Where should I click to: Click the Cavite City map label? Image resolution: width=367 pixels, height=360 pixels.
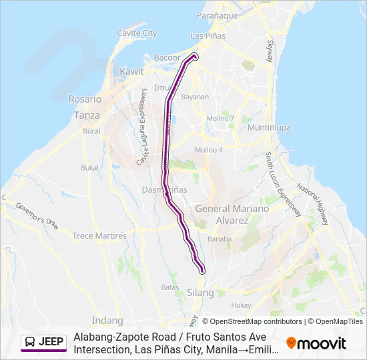pos(137,33)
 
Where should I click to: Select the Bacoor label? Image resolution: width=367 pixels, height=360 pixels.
pos(167,58)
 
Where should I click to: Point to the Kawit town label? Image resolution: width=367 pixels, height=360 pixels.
pos(131,71)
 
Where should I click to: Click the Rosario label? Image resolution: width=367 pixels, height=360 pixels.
pos(85,99)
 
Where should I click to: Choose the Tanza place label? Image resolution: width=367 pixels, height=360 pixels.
pos(87,115)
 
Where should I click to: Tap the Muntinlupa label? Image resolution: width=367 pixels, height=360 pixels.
pos(267,127)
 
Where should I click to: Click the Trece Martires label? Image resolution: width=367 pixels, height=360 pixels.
pos(99,236)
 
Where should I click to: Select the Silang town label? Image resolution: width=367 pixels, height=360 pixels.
pos(200,293)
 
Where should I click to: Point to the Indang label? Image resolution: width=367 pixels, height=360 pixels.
pos(109,320)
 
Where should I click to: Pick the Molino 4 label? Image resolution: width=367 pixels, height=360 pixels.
pos(208,150)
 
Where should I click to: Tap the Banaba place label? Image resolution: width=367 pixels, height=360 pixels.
pos(220,239)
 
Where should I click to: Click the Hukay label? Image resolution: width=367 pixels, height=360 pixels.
pos(241,305)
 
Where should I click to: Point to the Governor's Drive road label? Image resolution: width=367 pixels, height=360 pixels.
pos(37,215)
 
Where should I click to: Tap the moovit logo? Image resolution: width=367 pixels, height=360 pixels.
pos(316,343)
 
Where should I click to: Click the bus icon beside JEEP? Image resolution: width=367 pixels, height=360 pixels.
pos(31,343)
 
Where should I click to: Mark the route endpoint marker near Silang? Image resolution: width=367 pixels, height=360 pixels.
pos(202,270)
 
